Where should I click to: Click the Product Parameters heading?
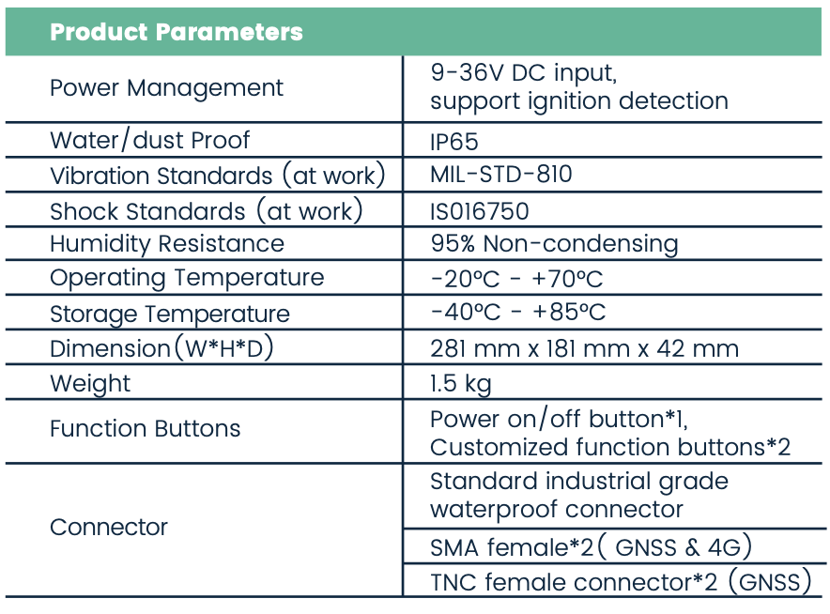click(177, 32)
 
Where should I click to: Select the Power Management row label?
click(166, 88)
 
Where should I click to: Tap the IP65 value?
click(454, 142)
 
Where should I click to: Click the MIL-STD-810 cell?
click(500, 174)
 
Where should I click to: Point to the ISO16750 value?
click(479, 211)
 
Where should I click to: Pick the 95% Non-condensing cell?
click(554, 244)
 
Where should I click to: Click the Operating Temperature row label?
click(187, 279)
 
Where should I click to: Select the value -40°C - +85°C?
click(518, 312)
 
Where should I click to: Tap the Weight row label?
click(90, 384)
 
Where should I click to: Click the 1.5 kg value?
click(460, 384)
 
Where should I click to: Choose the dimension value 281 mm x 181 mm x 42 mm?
click(584, 349)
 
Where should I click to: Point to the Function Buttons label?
click(145, 428)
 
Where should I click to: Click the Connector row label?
click(109, 528)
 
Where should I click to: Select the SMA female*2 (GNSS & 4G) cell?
click(591, 547)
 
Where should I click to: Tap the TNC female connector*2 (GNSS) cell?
click(621, 582)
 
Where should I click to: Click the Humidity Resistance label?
click(167, 244)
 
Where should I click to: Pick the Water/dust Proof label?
click(149, 141)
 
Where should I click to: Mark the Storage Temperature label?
click(170, 315)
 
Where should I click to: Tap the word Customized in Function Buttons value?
click(499, 447)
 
